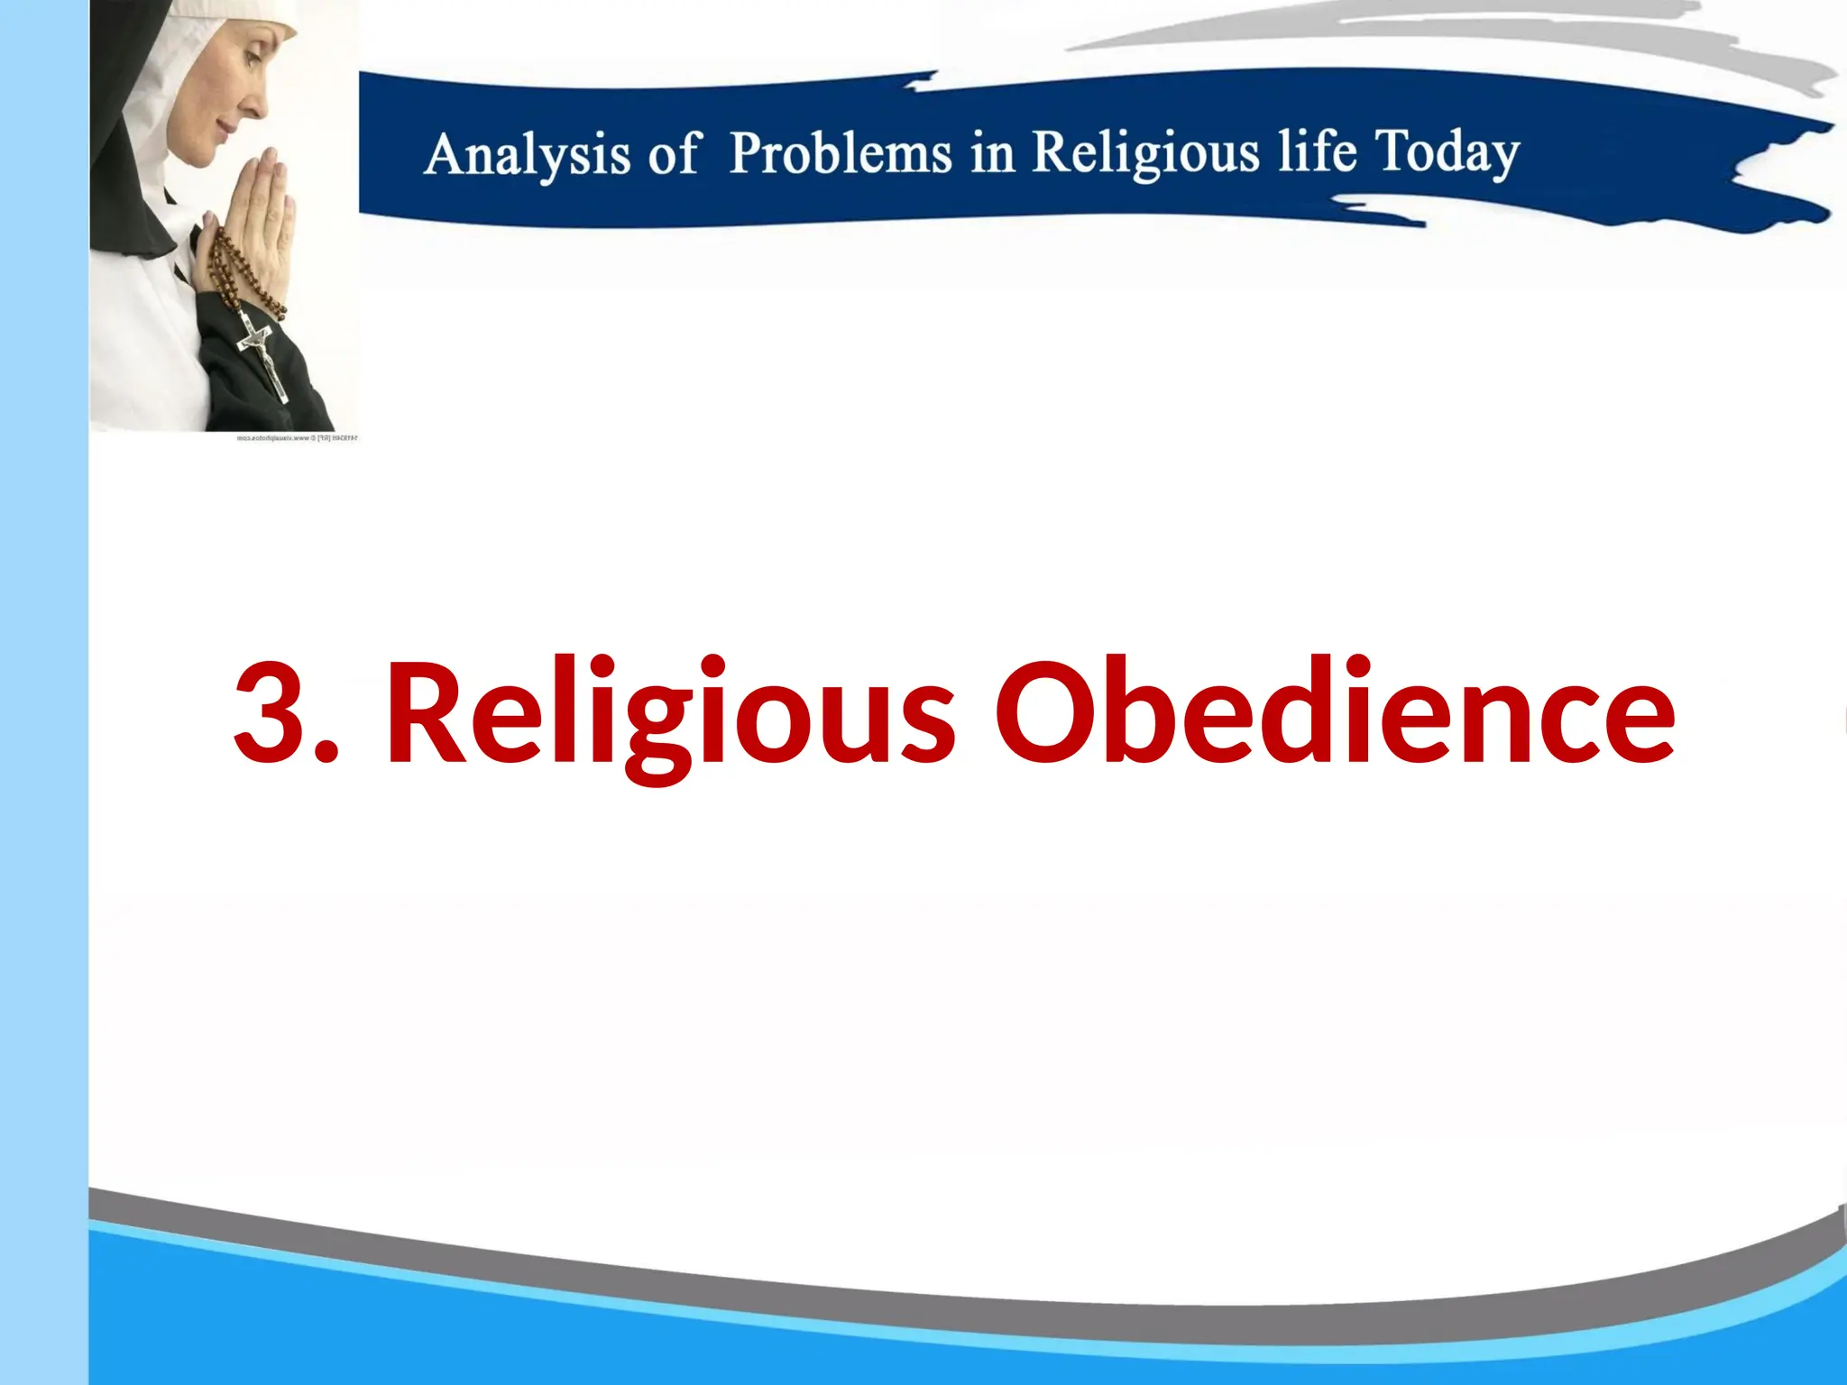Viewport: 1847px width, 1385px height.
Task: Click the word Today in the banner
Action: click(1447, 151)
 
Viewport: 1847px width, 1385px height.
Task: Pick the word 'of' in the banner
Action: click(673, 153)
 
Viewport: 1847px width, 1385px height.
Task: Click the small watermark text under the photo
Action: click(297, 438)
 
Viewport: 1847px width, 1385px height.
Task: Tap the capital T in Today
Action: click(1395, 149)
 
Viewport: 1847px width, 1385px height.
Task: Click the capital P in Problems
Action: click(749, 151)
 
